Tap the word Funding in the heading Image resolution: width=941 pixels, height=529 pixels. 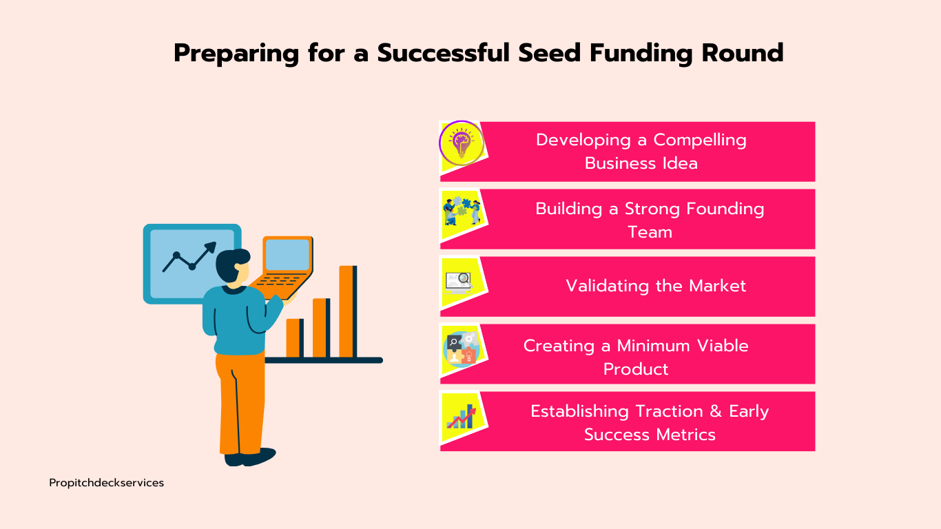coord(641,54)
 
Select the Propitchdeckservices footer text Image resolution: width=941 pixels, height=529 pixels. coord(106,483)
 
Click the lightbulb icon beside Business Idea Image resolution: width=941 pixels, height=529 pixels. coord(462,143)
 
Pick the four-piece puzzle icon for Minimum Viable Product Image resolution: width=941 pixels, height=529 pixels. coord(462,349)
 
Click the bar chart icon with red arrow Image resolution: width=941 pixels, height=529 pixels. coord(462,417)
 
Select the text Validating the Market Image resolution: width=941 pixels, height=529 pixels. coord(656,286)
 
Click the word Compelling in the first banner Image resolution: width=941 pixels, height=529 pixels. coord(699,141)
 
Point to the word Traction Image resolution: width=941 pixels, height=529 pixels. coord(669,411)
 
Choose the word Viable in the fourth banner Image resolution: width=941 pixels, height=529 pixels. coord(723,346)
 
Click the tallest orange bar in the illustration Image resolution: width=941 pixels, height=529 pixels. coord(348,311)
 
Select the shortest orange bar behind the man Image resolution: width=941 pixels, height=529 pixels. coord(295,338)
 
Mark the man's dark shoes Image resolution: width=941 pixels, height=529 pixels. coord(249,457)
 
